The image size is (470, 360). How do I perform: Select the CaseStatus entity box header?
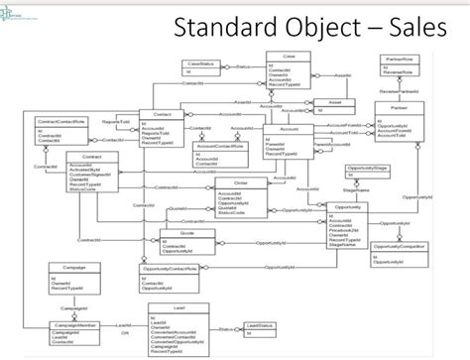coord(202,63)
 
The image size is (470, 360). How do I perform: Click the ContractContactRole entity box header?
coord(61,121)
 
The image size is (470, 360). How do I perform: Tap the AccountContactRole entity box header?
coord(221,147)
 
